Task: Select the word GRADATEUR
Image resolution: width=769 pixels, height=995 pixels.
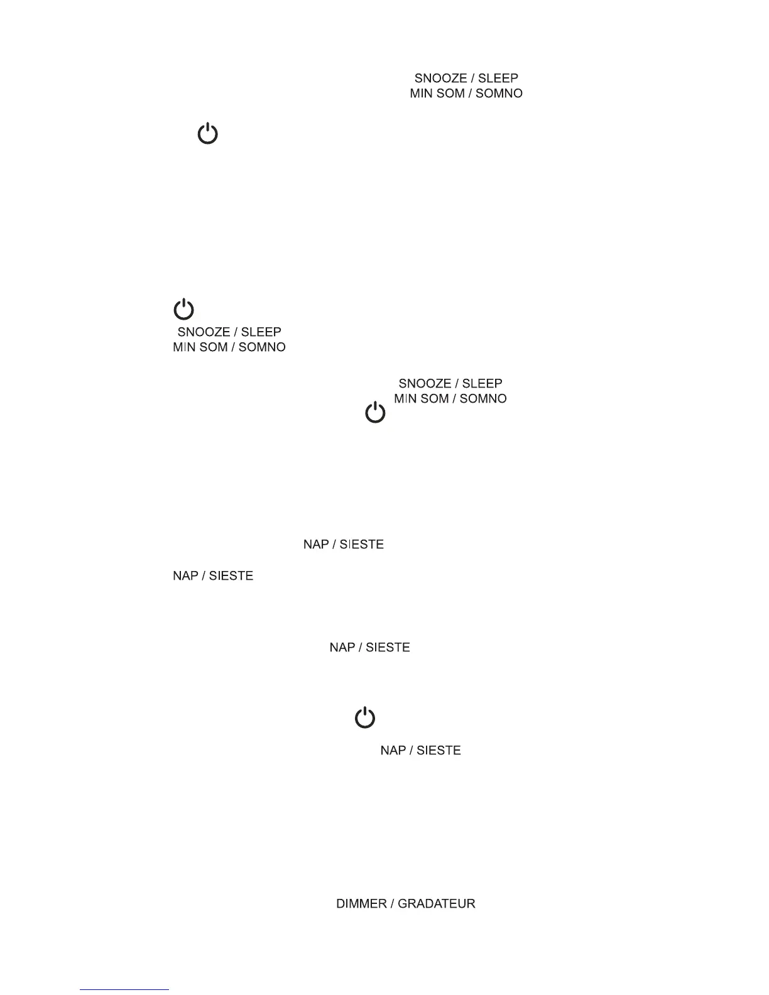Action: point(437,904)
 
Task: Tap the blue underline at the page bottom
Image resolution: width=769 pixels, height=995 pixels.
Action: point(124,990)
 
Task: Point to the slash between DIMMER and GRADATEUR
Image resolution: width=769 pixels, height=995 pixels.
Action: point(392,904)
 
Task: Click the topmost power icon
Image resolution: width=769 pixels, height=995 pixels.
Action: point(208,134)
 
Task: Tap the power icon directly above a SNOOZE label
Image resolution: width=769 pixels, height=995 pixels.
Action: point(184,310)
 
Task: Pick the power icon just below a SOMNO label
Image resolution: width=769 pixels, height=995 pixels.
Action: point(375,413)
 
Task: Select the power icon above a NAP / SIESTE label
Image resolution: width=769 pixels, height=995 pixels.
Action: point(365,717)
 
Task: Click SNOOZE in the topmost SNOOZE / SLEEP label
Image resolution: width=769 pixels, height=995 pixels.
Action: point(440,79)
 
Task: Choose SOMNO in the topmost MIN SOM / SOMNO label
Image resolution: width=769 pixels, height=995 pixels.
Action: point(499,94)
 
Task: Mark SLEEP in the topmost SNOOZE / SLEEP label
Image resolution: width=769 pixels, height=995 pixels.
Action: point(498,79)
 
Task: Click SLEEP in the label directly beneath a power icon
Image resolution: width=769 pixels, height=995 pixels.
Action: point(261,332)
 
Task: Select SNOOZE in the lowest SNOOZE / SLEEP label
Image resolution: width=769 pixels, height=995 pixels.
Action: point(425,383)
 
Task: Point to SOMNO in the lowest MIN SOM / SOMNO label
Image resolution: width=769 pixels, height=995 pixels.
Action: point(483,399)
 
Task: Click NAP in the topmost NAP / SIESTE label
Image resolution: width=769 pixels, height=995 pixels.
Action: point(316,544)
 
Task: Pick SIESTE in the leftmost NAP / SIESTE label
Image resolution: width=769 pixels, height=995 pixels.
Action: point(231,576)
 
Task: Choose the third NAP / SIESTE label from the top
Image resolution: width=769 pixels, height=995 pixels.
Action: point(370,648)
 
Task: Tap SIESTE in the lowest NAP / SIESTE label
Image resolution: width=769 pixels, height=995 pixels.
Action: point(439,751)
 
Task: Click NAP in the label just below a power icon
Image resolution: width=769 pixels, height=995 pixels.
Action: point(393,751)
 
